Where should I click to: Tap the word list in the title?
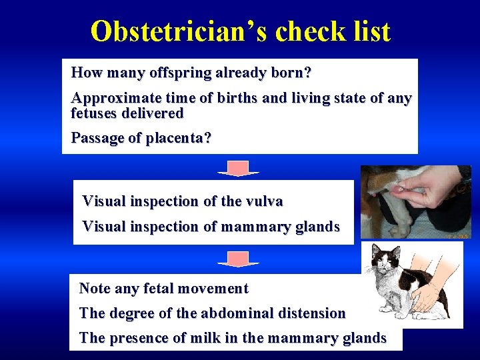tap(366, 31)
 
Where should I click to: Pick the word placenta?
tap(175, 138)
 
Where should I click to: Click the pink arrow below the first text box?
tap(238, 169)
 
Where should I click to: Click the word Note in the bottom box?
tap(95, 289)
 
